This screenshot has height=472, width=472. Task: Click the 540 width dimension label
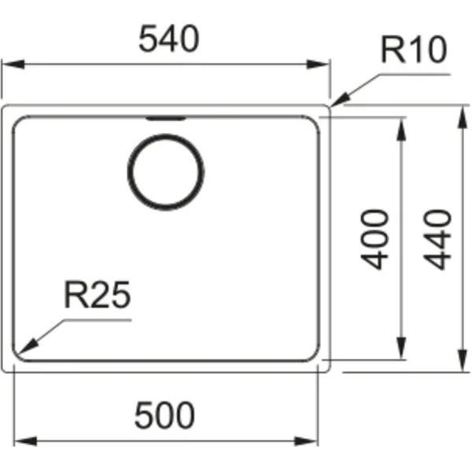pos(169,39)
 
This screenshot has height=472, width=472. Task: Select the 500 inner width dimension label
pos(164,415)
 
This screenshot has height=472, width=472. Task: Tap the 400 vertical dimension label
pos(374,239)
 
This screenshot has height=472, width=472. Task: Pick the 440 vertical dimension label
pos(437,240)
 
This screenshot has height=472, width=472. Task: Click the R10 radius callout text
pos(414,50)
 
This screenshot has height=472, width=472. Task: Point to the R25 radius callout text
pos(98,294)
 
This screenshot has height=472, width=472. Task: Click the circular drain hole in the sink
pos(165,172)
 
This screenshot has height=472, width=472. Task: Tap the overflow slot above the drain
pos(166,118)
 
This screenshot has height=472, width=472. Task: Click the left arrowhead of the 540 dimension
pos(13,65)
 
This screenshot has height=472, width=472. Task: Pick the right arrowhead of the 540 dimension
pos(318,65)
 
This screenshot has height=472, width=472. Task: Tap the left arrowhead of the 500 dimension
pos(26,441)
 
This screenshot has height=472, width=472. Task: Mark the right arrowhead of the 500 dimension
pos(306,441)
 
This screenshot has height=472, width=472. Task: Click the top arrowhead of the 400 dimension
pos(401,130)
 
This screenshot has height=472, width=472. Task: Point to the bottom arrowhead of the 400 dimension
pos(401,348)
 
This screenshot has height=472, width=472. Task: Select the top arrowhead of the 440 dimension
pos(462,118)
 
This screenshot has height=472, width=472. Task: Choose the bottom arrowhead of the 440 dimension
pos(462,360)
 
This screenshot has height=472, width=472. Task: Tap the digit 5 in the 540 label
pos(149,39)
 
